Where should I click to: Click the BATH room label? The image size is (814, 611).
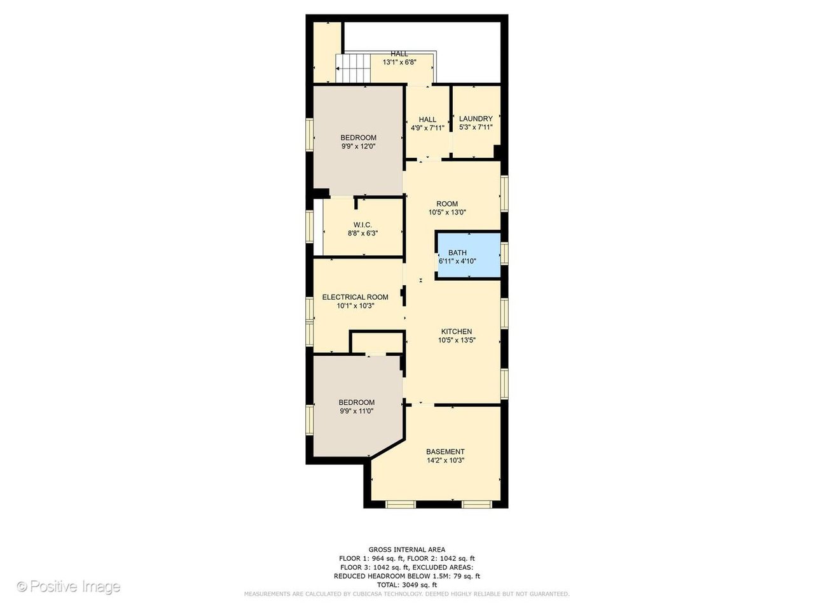tap(457, 253)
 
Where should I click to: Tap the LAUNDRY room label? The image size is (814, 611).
tap(476, 119)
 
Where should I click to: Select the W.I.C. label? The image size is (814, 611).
tap(362, 225)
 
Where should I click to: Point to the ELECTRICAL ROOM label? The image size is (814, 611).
tap(355, 297)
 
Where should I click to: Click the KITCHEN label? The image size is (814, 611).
tap(456, 332)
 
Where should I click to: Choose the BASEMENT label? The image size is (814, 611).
tap(445, 451)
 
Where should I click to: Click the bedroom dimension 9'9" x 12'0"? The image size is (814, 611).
tap(358, 146)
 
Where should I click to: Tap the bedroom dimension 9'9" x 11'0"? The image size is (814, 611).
tap(356, 411)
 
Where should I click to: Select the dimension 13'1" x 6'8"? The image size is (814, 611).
tap(399, 62)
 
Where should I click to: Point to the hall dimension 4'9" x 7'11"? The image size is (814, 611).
tap(427, 129)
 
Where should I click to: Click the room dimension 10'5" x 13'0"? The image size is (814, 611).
tap(447, 213)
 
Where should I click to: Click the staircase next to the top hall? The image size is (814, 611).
tap(353, 69)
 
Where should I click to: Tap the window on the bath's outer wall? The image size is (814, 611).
tap(504, 253)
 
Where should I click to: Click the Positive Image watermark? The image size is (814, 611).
tap(69, 587)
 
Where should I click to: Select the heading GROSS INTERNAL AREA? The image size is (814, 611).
tap(407, 549)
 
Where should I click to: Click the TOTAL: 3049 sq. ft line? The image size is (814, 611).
tap(407, 585)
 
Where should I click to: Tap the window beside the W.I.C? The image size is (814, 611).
tap(309, 227)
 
